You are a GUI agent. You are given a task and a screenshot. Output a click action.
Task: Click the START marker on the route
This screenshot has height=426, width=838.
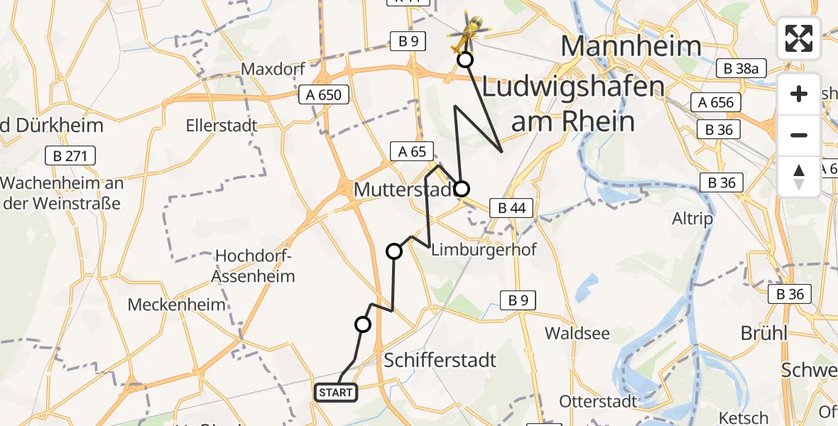coord(335,392)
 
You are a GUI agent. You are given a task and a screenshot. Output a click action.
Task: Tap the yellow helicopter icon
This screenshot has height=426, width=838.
coord(467,31)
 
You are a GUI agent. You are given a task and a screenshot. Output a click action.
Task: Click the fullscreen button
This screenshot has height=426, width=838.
coord(799,38)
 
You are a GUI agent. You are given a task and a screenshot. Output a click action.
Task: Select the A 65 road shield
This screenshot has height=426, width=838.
coord(412,151)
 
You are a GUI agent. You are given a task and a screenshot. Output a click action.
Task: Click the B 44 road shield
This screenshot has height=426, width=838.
coord(511,208)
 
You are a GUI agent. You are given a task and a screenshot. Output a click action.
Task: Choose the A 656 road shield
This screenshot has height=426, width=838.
coord(715,103)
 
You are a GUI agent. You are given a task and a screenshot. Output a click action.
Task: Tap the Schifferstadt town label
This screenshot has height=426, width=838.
coord(440,360)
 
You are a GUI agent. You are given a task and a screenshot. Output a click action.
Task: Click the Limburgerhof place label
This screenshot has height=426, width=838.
coord(484,249)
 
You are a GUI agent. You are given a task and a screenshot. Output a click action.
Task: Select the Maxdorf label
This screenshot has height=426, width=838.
coord(273,70)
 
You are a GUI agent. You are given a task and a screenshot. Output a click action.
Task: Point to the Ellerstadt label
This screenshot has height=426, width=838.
coord(221,126)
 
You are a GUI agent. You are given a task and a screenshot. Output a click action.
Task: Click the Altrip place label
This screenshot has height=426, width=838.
coord(692,218)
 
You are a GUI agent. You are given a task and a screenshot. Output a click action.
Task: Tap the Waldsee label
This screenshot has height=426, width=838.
coord(573,332)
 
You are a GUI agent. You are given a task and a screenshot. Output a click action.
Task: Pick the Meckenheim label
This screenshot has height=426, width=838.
coord(177,305)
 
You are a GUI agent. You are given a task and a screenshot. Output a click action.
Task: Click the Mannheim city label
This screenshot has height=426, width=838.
coord(631,46)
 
